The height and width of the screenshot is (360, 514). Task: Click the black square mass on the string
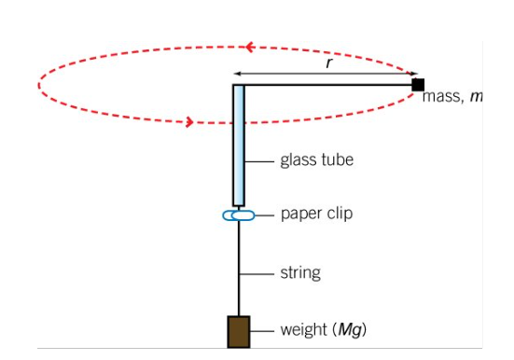(418, 85)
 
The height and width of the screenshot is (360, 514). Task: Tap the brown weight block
(239, 332)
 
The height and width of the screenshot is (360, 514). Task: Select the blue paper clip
(238, 215)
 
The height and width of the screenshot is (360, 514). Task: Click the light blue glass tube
(238, 145)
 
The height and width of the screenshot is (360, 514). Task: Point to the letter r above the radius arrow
(329, 62)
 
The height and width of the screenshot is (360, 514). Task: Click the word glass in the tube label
(299, 160)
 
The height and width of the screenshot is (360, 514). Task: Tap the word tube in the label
(338, 159)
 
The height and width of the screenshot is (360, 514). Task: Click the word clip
(339, 214)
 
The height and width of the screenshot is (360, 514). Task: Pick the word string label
(300, 272)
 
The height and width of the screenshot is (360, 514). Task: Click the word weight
(304, 330)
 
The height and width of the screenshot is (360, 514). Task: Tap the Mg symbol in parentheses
(350, 330)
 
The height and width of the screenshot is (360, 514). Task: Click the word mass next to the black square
(442, 97)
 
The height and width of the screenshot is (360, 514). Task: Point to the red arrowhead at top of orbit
(250, 47)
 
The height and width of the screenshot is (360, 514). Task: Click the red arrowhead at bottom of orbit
(189, 122)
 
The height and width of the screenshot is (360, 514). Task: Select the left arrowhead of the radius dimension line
(237, 74)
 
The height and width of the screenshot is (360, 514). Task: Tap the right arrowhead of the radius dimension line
(414, 74)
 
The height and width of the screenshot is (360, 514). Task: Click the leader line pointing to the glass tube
(259, 161)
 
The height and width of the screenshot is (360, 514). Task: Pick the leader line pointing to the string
(257, 274)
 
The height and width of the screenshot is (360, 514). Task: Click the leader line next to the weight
(262, 331)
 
